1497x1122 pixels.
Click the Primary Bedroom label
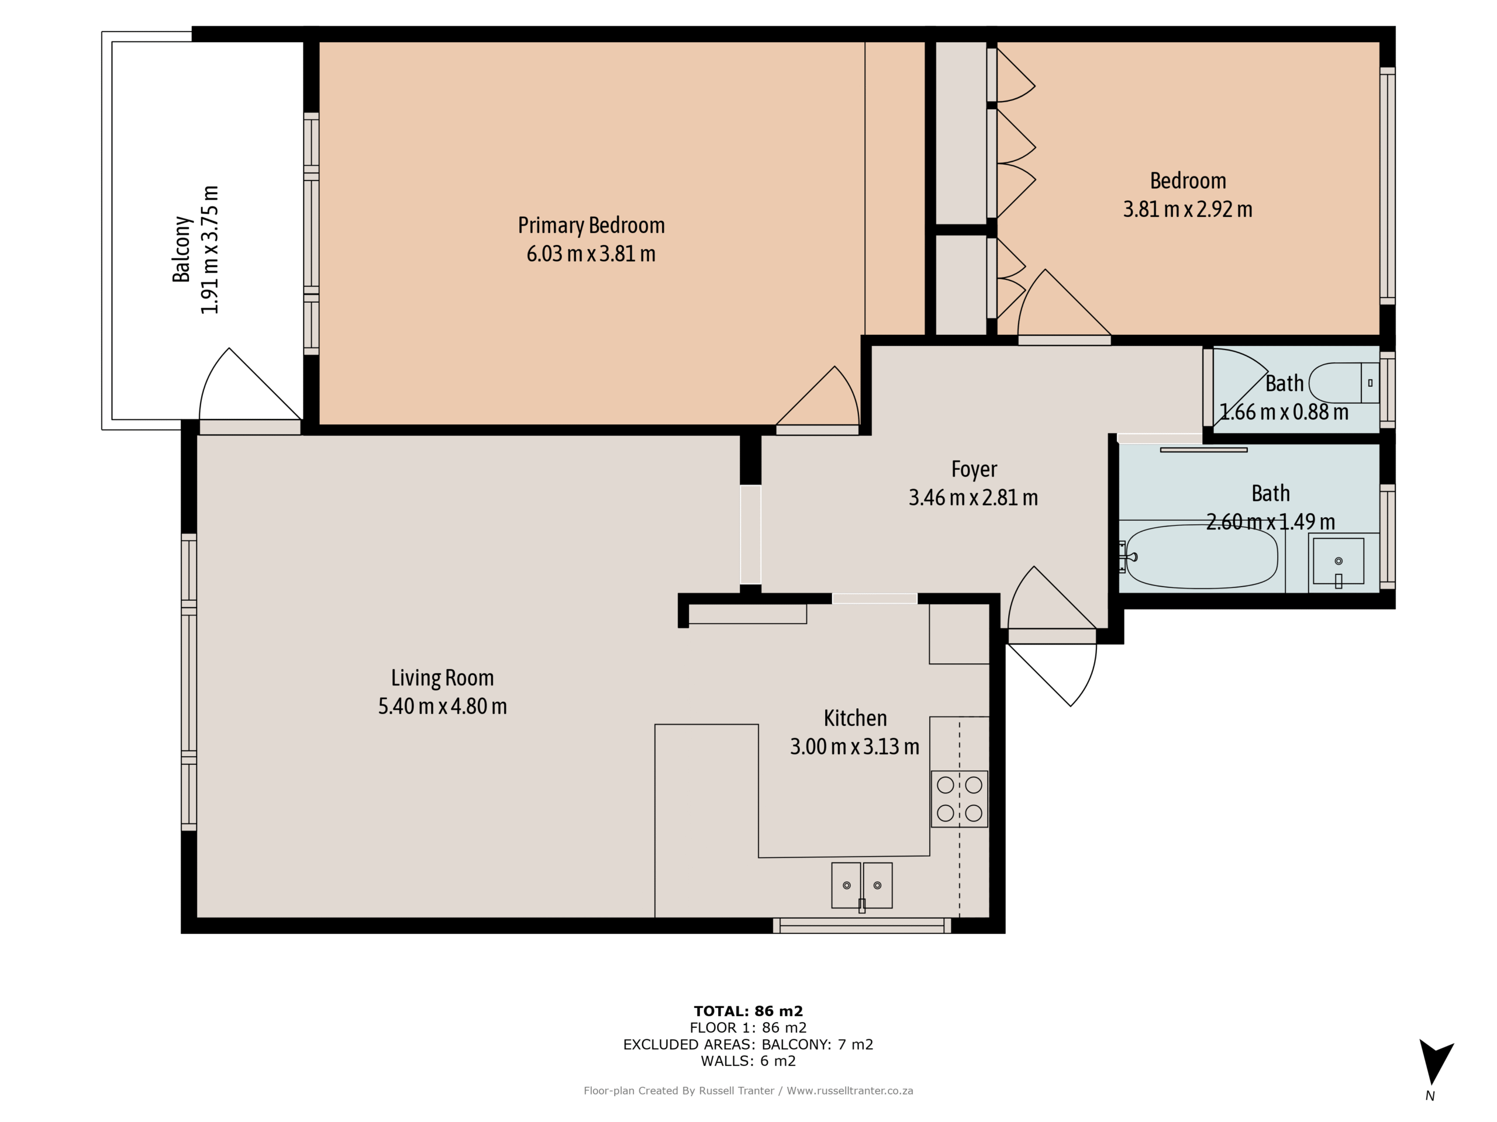pos(591,225)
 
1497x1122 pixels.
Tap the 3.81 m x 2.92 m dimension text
pos(1188,209)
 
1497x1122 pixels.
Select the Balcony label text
pos(181,249)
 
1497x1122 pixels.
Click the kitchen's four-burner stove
pos(959,799)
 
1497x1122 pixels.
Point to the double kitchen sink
pos(861,885)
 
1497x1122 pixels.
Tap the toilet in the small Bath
pos(1343,383)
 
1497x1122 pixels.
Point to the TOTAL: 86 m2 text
pos(748,1011)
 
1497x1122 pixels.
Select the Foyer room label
pos(974,469)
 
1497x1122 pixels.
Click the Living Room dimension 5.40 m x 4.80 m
pos(442,706)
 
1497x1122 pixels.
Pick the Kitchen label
pos(855,718)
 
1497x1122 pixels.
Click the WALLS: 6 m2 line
pos(748,1061)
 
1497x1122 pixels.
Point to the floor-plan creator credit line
pos(748,1090)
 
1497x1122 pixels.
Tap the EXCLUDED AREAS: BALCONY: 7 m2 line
pos(748,1044)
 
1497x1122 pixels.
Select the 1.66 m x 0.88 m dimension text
pos(1283,412)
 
